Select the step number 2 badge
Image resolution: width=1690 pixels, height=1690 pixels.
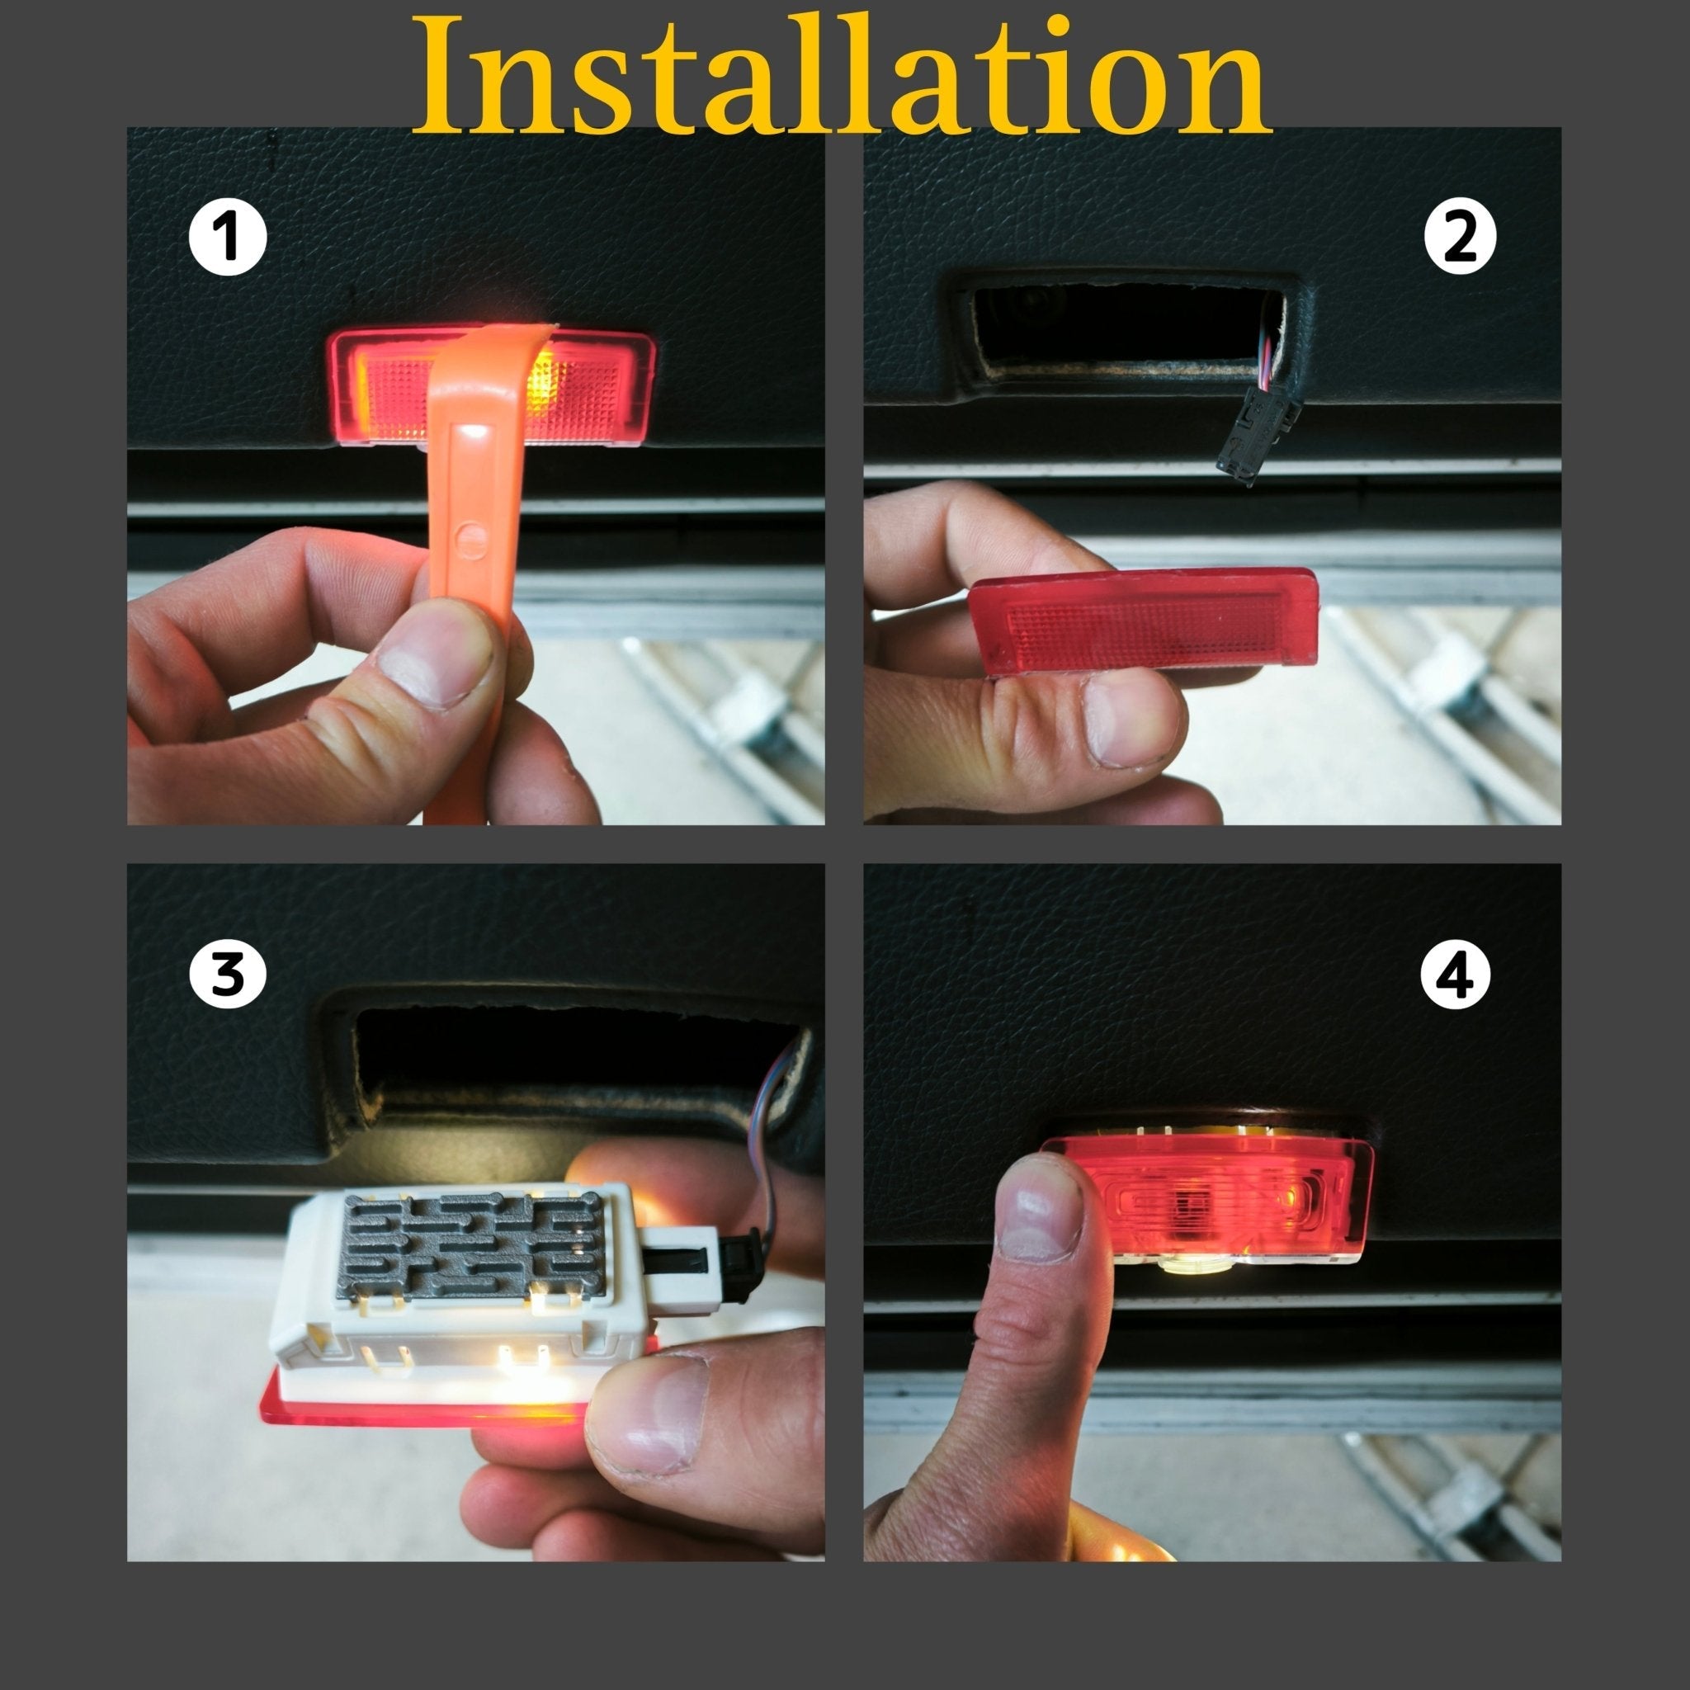pyautogui.click(x=1460, y=236)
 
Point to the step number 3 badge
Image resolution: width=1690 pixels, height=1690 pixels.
pyautogui.click(x=228, y=973)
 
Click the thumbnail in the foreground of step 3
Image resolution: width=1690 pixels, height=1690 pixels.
pyautogui.click(x=649, y=1414)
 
